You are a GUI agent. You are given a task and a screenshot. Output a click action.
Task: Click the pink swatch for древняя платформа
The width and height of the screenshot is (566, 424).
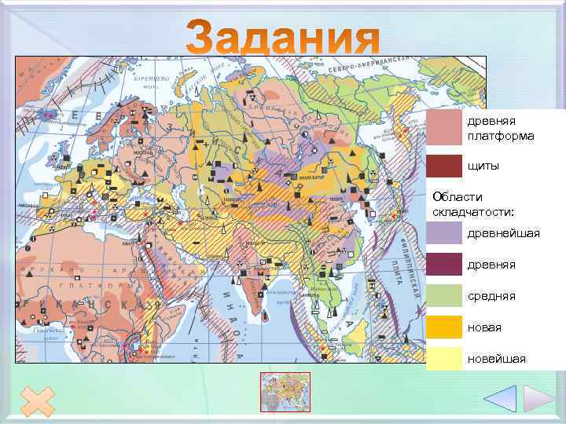pos(444,127)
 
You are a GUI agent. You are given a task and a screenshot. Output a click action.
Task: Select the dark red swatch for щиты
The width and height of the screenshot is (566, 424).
pos(444,166)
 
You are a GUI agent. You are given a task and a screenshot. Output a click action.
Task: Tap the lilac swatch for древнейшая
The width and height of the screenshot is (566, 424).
pos(444,233)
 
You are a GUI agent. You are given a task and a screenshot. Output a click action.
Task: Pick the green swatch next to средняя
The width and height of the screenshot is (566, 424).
pos(444,295)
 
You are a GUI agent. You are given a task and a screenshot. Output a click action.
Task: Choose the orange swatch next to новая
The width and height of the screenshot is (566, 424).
pos(444,327)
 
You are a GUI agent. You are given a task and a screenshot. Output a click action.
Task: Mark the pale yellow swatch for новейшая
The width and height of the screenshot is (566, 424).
pos(444,358)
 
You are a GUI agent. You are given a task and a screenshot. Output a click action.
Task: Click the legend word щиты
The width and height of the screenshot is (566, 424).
pos(483,166)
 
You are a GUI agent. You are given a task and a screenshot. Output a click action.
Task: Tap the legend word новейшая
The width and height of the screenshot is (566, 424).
pos(497,359)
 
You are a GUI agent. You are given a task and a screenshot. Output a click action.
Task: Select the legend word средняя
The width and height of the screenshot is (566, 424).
pos(491,296)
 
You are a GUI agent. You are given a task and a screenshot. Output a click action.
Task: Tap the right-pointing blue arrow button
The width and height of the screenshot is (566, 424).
pos(538,398)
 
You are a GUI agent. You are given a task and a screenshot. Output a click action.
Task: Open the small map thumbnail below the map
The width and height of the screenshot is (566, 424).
pos(285,392)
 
